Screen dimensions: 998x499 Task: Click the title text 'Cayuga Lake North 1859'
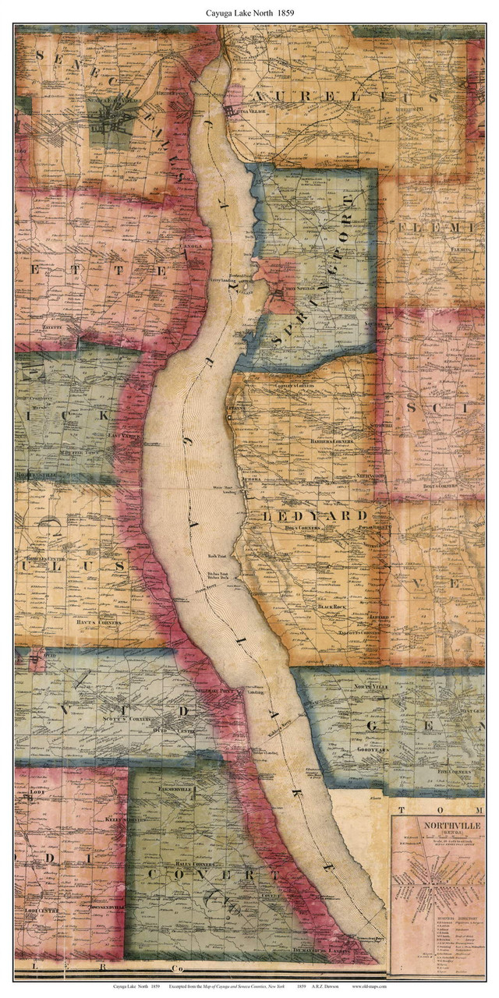click(249, 12)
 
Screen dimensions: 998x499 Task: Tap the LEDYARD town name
click(320, 516)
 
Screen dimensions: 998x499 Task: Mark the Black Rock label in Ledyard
click(336, 606)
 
